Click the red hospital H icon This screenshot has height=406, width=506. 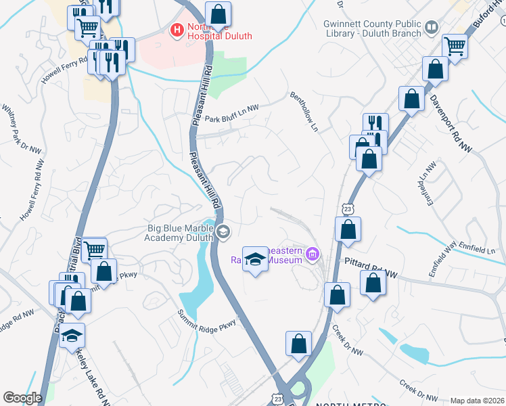[177, 30]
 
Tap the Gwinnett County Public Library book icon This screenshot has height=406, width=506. [431, 27]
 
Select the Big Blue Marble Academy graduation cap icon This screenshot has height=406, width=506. [223, 233]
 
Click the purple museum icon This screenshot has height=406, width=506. [312, 255]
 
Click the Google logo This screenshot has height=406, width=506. [22, 398]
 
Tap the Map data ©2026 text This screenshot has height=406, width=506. [476, 401]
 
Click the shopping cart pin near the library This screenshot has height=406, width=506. [455, 46]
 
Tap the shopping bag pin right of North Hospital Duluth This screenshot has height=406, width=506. [218, 13]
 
